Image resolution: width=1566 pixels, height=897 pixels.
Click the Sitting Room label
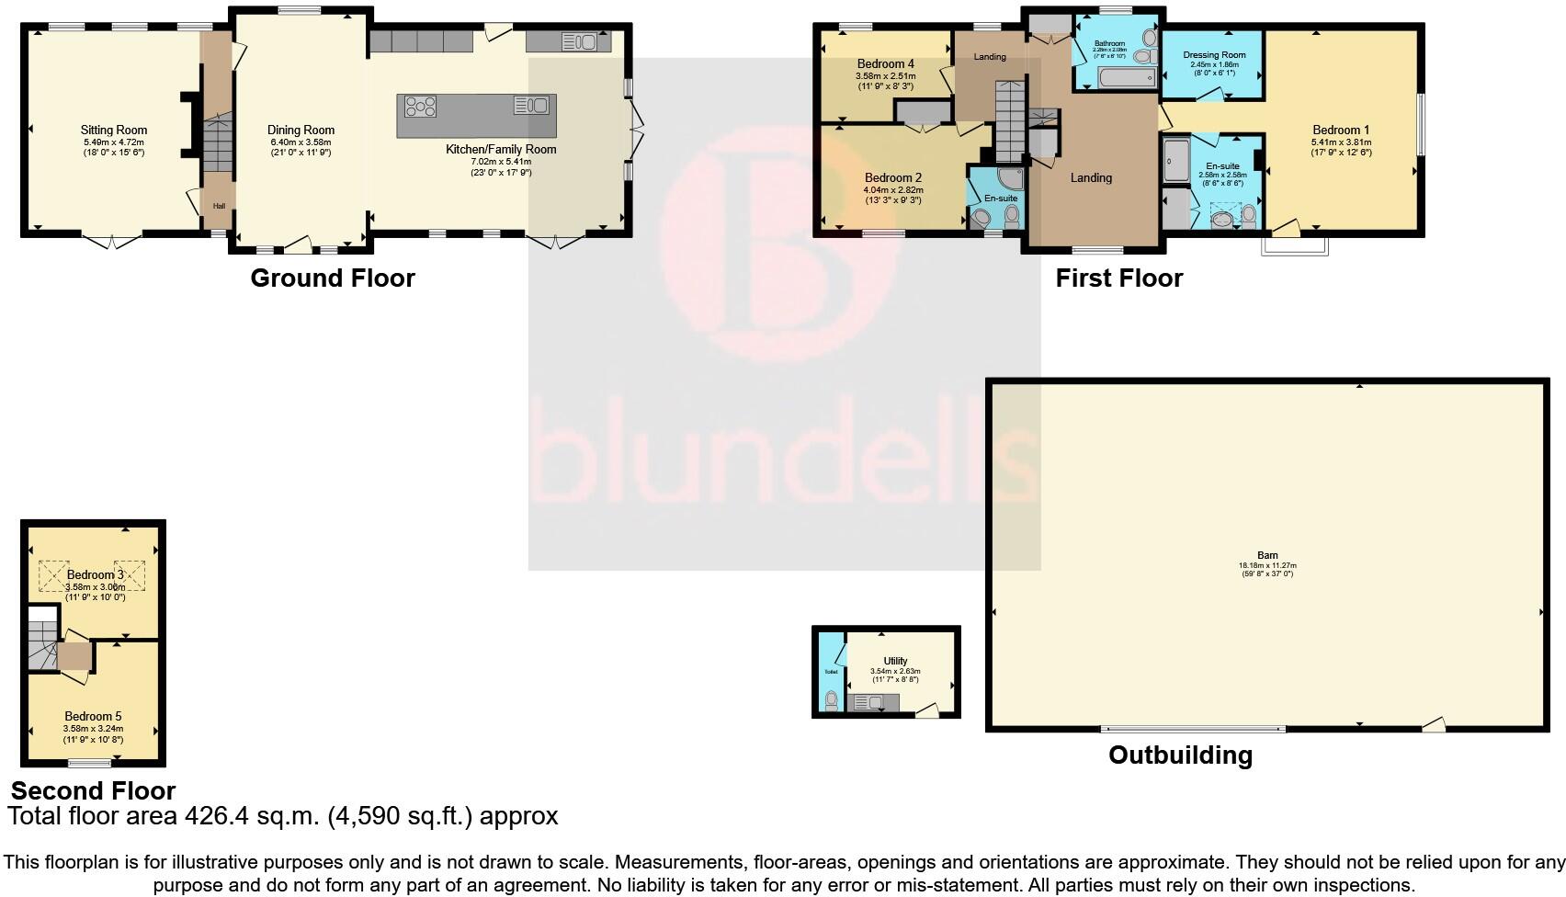113,130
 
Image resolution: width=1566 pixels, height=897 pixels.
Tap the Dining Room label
301,130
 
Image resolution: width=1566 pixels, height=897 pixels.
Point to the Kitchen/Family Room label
501,149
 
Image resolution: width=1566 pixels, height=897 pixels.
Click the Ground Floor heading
333,278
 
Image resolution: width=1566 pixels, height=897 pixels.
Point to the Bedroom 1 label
1341,130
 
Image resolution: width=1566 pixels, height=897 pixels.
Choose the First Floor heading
1118,278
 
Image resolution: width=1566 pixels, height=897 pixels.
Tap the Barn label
1267,555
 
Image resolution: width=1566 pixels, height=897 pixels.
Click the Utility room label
895,660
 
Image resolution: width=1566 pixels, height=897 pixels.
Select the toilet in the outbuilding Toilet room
832,701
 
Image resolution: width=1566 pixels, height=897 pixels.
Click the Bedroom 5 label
93,716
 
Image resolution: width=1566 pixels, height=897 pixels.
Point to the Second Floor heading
93,790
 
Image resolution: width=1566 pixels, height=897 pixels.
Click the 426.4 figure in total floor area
218,816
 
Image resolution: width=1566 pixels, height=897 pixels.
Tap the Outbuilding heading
1180,755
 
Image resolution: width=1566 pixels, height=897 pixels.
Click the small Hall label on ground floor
219,206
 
